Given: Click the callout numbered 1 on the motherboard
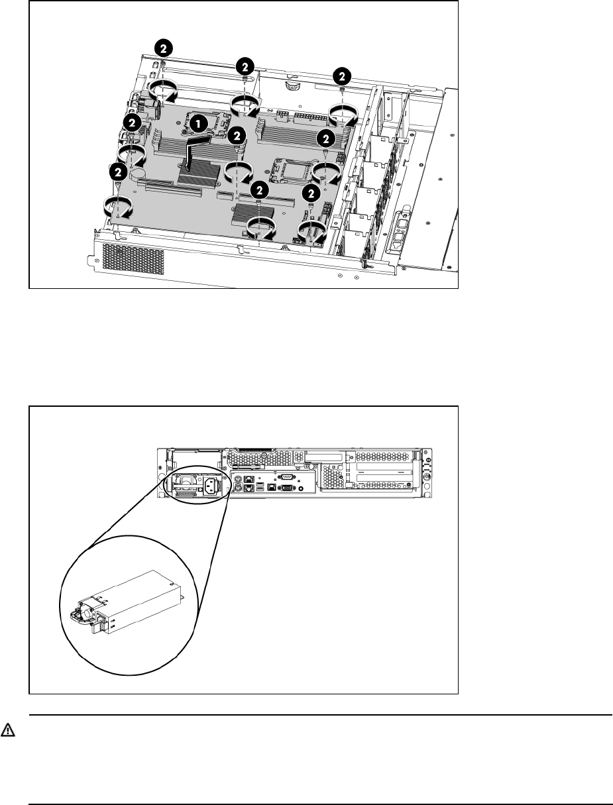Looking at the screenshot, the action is pos(198,124).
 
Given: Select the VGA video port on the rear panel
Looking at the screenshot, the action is pos(286,488).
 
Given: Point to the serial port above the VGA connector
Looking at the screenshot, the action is pos(286,477).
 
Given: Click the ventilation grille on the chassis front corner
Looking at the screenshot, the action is pos(133,258).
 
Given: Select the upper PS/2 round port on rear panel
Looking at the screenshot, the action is pos(238,479).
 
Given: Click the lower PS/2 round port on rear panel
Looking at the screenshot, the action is pos(238,488).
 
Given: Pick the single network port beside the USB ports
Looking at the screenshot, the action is pos(272,487).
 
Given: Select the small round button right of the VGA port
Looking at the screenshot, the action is pos(301,488).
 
